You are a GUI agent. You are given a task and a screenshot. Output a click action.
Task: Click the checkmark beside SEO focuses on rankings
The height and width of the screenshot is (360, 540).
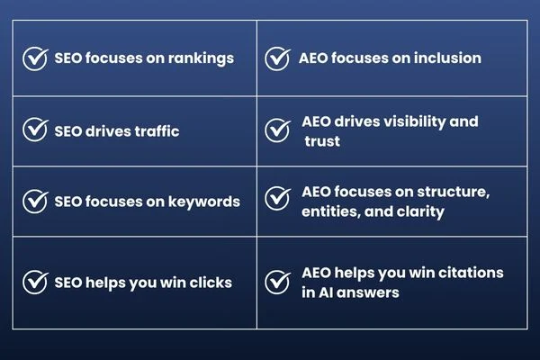pyautogui.click(x=35, y=58)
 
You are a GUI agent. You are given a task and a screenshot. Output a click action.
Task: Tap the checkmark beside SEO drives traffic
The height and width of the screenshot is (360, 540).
pyautogui.click(x=35, y=130)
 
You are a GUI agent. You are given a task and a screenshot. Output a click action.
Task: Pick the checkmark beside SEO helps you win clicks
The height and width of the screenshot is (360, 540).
pyautogui.click(x=35, y=283)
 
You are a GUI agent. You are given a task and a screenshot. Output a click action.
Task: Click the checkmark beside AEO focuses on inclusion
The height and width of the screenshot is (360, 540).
pyautogui.click(x=276, y=58)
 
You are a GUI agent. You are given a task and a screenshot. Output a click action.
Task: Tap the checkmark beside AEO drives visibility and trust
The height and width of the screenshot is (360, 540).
pyautogui.click(x=276, y=130)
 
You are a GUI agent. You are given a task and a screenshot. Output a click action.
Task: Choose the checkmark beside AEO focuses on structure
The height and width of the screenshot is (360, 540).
pyautogui.click(x=276, y=202)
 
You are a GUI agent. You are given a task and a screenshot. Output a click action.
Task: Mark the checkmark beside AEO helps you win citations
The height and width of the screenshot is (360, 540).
pyautogui.click(x=276, y=283)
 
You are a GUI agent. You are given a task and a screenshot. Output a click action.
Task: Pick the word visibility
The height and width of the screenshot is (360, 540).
pyautogui.click(x=416, y=121)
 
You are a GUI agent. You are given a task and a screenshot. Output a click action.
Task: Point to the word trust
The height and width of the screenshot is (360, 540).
pyautogui.click(x=322, y=141)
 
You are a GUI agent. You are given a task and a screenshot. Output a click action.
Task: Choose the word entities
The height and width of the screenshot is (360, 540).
pyautogui.click(x=329, y=212)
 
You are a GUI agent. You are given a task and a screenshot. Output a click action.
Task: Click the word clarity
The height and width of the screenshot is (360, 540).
pyautogui.click(x=421, y=212)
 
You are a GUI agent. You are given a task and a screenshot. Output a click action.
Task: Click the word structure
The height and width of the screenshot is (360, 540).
pyautogui.click(x=454, y=192)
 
